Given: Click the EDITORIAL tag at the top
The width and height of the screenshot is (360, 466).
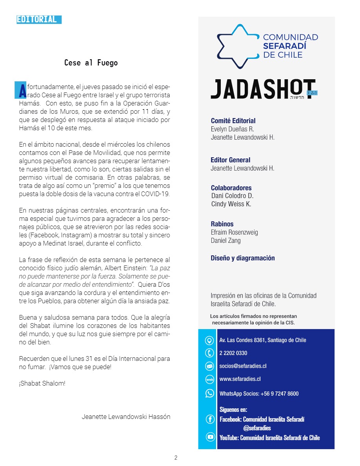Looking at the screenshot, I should (x=38, y=19).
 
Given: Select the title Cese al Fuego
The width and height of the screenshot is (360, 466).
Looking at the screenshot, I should (x=91, y=63).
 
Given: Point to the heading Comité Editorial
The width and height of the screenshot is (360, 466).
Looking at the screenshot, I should (x=233, y=121).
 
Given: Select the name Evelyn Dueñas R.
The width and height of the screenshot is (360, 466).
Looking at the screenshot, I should (x=232, y=129).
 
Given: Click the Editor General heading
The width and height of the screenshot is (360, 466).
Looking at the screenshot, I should (x=230, y=160).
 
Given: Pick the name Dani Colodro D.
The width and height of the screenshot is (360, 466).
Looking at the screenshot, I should (x=232, y=196).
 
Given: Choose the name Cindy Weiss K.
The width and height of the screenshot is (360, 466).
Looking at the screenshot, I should (x=231, y=204).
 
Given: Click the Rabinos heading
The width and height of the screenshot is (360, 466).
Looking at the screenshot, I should (x=222, y=224).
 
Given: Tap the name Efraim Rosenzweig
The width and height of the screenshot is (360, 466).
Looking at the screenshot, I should (x=234, y=232).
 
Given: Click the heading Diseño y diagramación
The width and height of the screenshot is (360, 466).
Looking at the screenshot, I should (x=243, y=258).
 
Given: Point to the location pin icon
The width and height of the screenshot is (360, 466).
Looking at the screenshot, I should (x=209, y=340).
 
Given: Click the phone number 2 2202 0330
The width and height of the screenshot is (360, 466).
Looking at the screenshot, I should (x=233, y=353).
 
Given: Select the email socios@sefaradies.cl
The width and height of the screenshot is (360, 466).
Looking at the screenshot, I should (x=243, y=366).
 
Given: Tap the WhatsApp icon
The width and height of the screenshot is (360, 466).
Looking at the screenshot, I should (x=210, y=393).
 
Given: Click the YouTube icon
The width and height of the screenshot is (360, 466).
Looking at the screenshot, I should (x=210, y=437).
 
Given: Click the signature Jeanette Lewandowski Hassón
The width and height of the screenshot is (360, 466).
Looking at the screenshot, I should (x=126, y=417).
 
